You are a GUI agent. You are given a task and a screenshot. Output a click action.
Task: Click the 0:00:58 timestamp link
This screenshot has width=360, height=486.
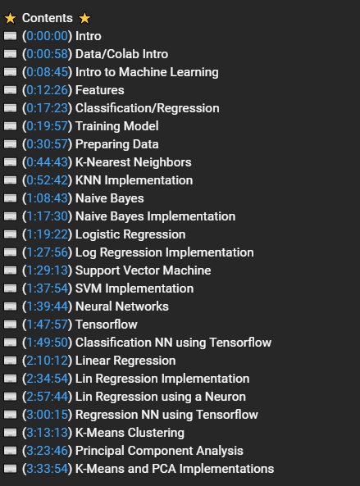point(47,54)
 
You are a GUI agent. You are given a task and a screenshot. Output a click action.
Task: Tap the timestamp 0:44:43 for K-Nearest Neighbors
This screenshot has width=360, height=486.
point(47,162)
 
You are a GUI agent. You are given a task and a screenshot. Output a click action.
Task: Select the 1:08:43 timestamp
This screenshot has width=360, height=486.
point(47,198)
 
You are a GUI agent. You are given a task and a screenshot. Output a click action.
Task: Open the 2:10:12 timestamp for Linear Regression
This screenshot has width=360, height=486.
point(47,361)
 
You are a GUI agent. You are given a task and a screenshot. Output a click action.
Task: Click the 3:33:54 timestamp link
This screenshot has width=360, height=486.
point(47,469)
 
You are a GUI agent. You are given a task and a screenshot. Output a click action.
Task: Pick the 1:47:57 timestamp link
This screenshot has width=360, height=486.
point(47,325)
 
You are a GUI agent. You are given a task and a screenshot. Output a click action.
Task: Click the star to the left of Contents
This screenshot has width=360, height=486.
point(10,18)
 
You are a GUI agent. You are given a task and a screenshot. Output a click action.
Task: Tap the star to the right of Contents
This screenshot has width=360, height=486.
point(84,18)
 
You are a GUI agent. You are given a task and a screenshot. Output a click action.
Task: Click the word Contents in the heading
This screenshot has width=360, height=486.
point(47,18)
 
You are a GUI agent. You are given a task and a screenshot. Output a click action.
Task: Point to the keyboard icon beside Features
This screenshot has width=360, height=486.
point(10,90)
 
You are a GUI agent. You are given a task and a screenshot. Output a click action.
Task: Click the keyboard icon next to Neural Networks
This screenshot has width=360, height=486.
point(10,307)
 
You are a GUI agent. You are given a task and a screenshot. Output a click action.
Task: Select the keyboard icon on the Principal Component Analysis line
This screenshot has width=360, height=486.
point(10,451)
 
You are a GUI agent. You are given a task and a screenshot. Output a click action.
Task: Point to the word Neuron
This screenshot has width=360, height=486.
point(226,397)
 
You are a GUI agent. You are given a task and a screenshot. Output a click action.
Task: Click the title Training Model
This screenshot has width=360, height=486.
point(117,126)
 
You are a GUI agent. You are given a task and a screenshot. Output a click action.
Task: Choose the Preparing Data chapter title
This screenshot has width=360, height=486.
point(117,144)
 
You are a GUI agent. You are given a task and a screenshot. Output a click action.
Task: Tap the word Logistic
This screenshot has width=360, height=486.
point(98,234)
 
